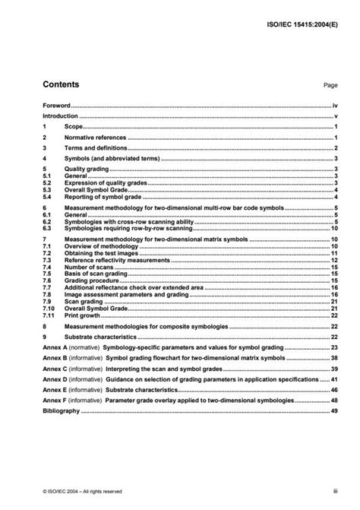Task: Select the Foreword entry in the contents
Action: pyautogui.click(x=57, y=106)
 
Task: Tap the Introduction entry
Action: pyautogui.click(x=61, y=117)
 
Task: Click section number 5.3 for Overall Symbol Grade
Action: pyautogui.click(x=47, y=190)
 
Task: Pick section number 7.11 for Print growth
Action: pyautogui.click(x=49, y=316)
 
